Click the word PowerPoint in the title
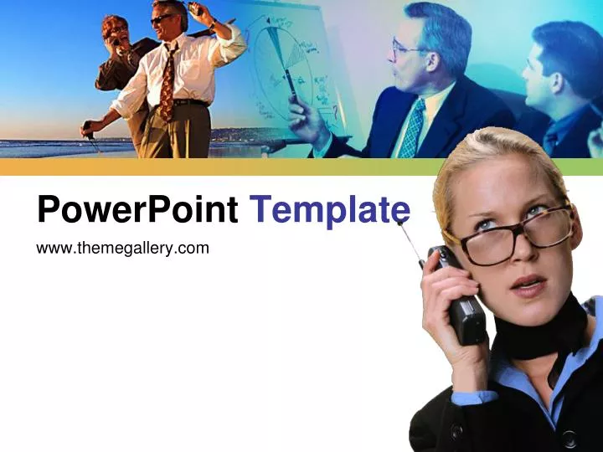[x=137, y=209]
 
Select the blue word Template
[x=330, y=208]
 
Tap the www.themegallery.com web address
[x=122, y=247]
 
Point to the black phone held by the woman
[x=463, y=298]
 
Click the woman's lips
[x=528, y=285]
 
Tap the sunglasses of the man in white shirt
[x=162, y=18]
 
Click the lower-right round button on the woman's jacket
[x=569, y=437]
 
